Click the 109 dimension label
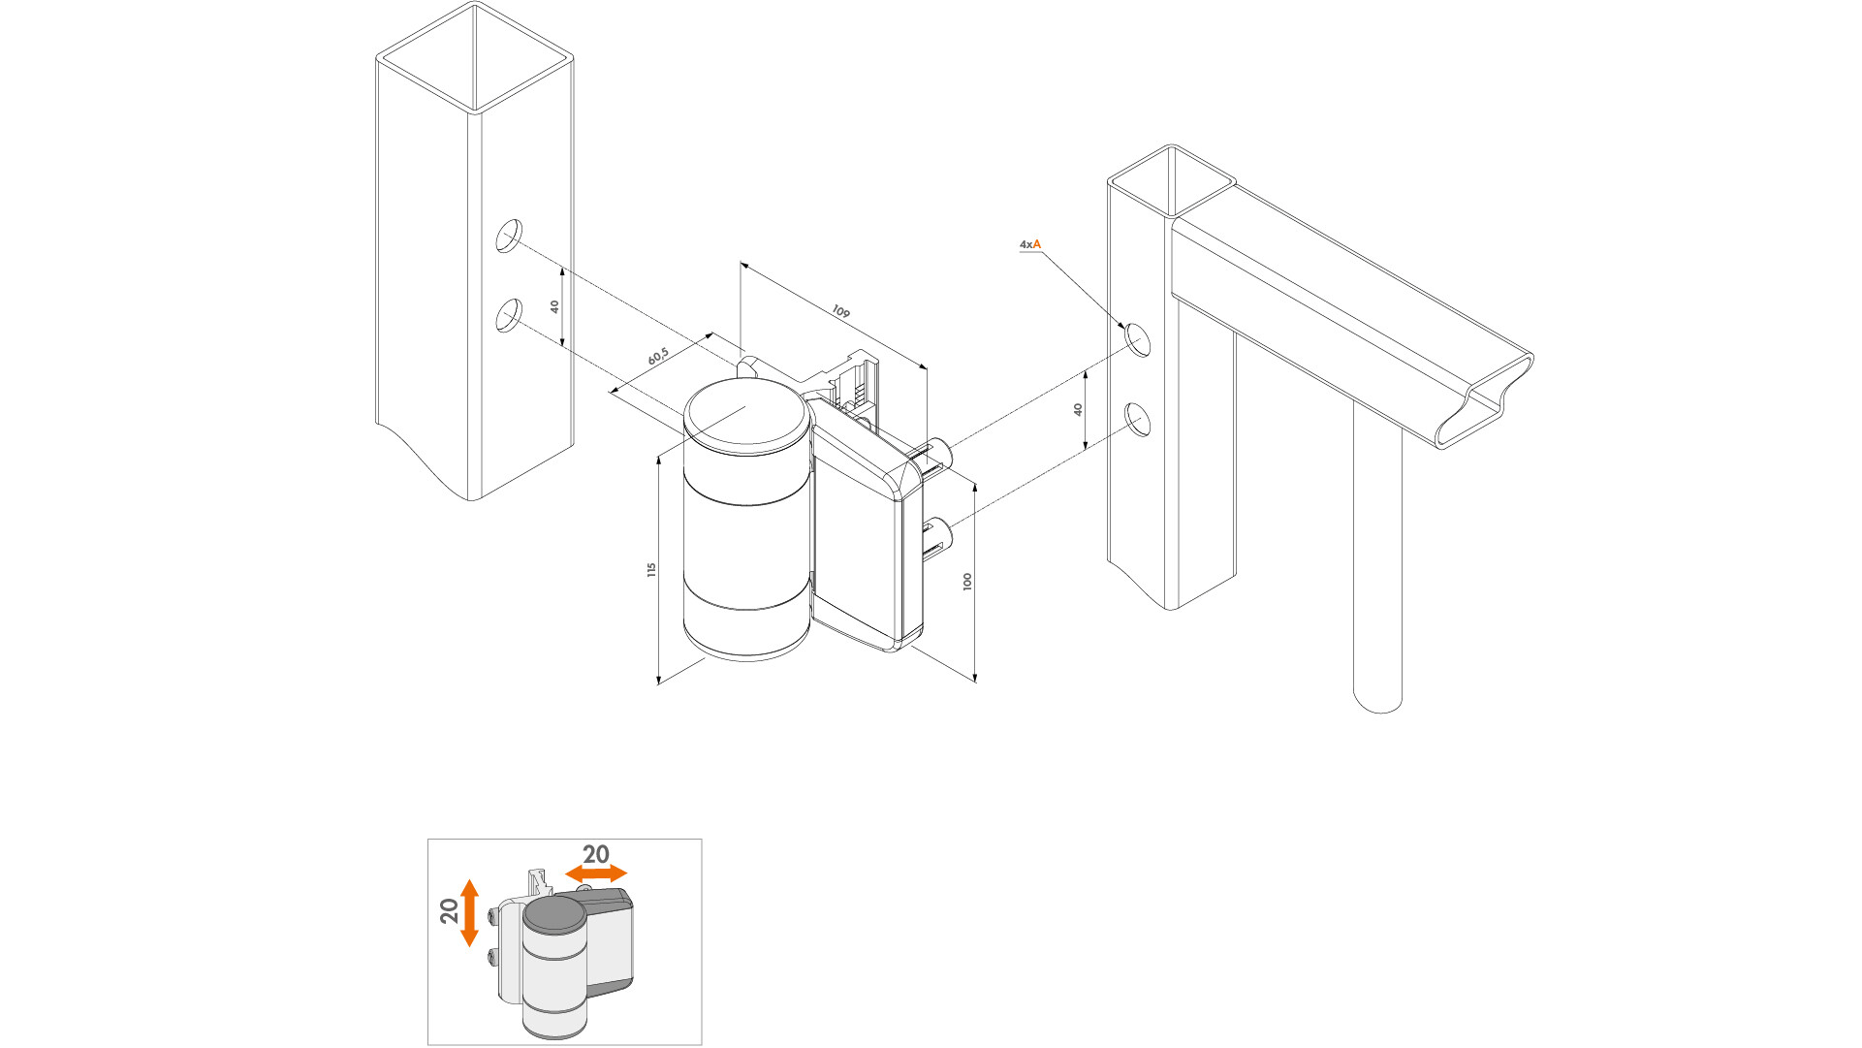pyautogui.click(x=840, y=312)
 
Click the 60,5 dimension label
pyautogui.click(x=658, y=357)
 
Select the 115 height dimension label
pyautogui.click(x=652, y=570)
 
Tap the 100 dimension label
pyautogui.click(x=967, y=582)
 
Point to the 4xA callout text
pyautogui.click(x=1029, y=244)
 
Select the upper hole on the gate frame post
pyautogui.click(x=1138, y=339)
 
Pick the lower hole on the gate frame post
pyautogui.click(x=1138, y=420)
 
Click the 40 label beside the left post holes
pyautogui.click(x=554, y=306)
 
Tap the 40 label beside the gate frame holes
pyautogui.click(x=1078, y=410)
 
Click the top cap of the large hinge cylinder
pyautogui.click(x=746, y=415)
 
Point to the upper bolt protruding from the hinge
pyautogui.click(x=940, y=452)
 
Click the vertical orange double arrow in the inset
pyautogui.click(x=469, y=912)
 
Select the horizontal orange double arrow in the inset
pyautogui.click(x=596, y=873)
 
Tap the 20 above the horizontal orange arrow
pyautogui.click(x=595, y=854)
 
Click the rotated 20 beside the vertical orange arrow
pyautogui.click(x=449, y=911)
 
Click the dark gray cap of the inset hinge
pyautogui.click(x=554, y=913)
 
